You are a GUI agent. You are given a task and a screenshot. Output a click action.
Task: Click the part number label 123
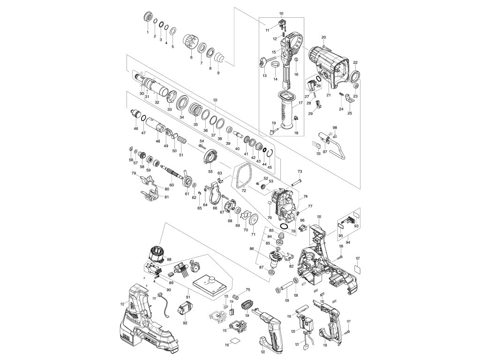coord(216,100)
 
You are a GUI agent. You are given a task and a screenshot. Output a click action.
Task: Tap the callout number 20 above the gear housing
coord(323,37)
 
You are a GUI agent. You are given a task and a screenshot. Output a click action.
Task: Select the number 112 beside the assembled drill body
coord(122,304)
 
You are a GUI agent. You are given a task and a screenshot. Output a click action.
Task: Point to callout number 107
coord(358,259)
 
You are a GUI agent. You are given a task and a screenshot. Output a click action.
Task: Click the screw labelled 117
coord(348,331)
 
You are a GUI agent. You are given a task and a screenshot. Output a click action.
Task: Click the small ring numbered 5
coord(172,31)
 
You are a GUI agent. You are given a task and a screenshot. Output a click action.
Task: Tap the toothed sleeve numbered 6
coord(190,40)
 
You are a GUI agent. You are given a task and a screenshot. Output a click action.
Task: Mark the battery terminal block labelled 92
coord(184,310)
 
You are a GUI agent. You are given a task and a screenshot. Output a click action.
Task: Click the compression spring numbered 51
coord(182,139)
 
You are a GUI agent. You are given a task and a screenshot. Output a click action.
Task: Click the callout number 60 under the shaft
coord(172,185)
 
